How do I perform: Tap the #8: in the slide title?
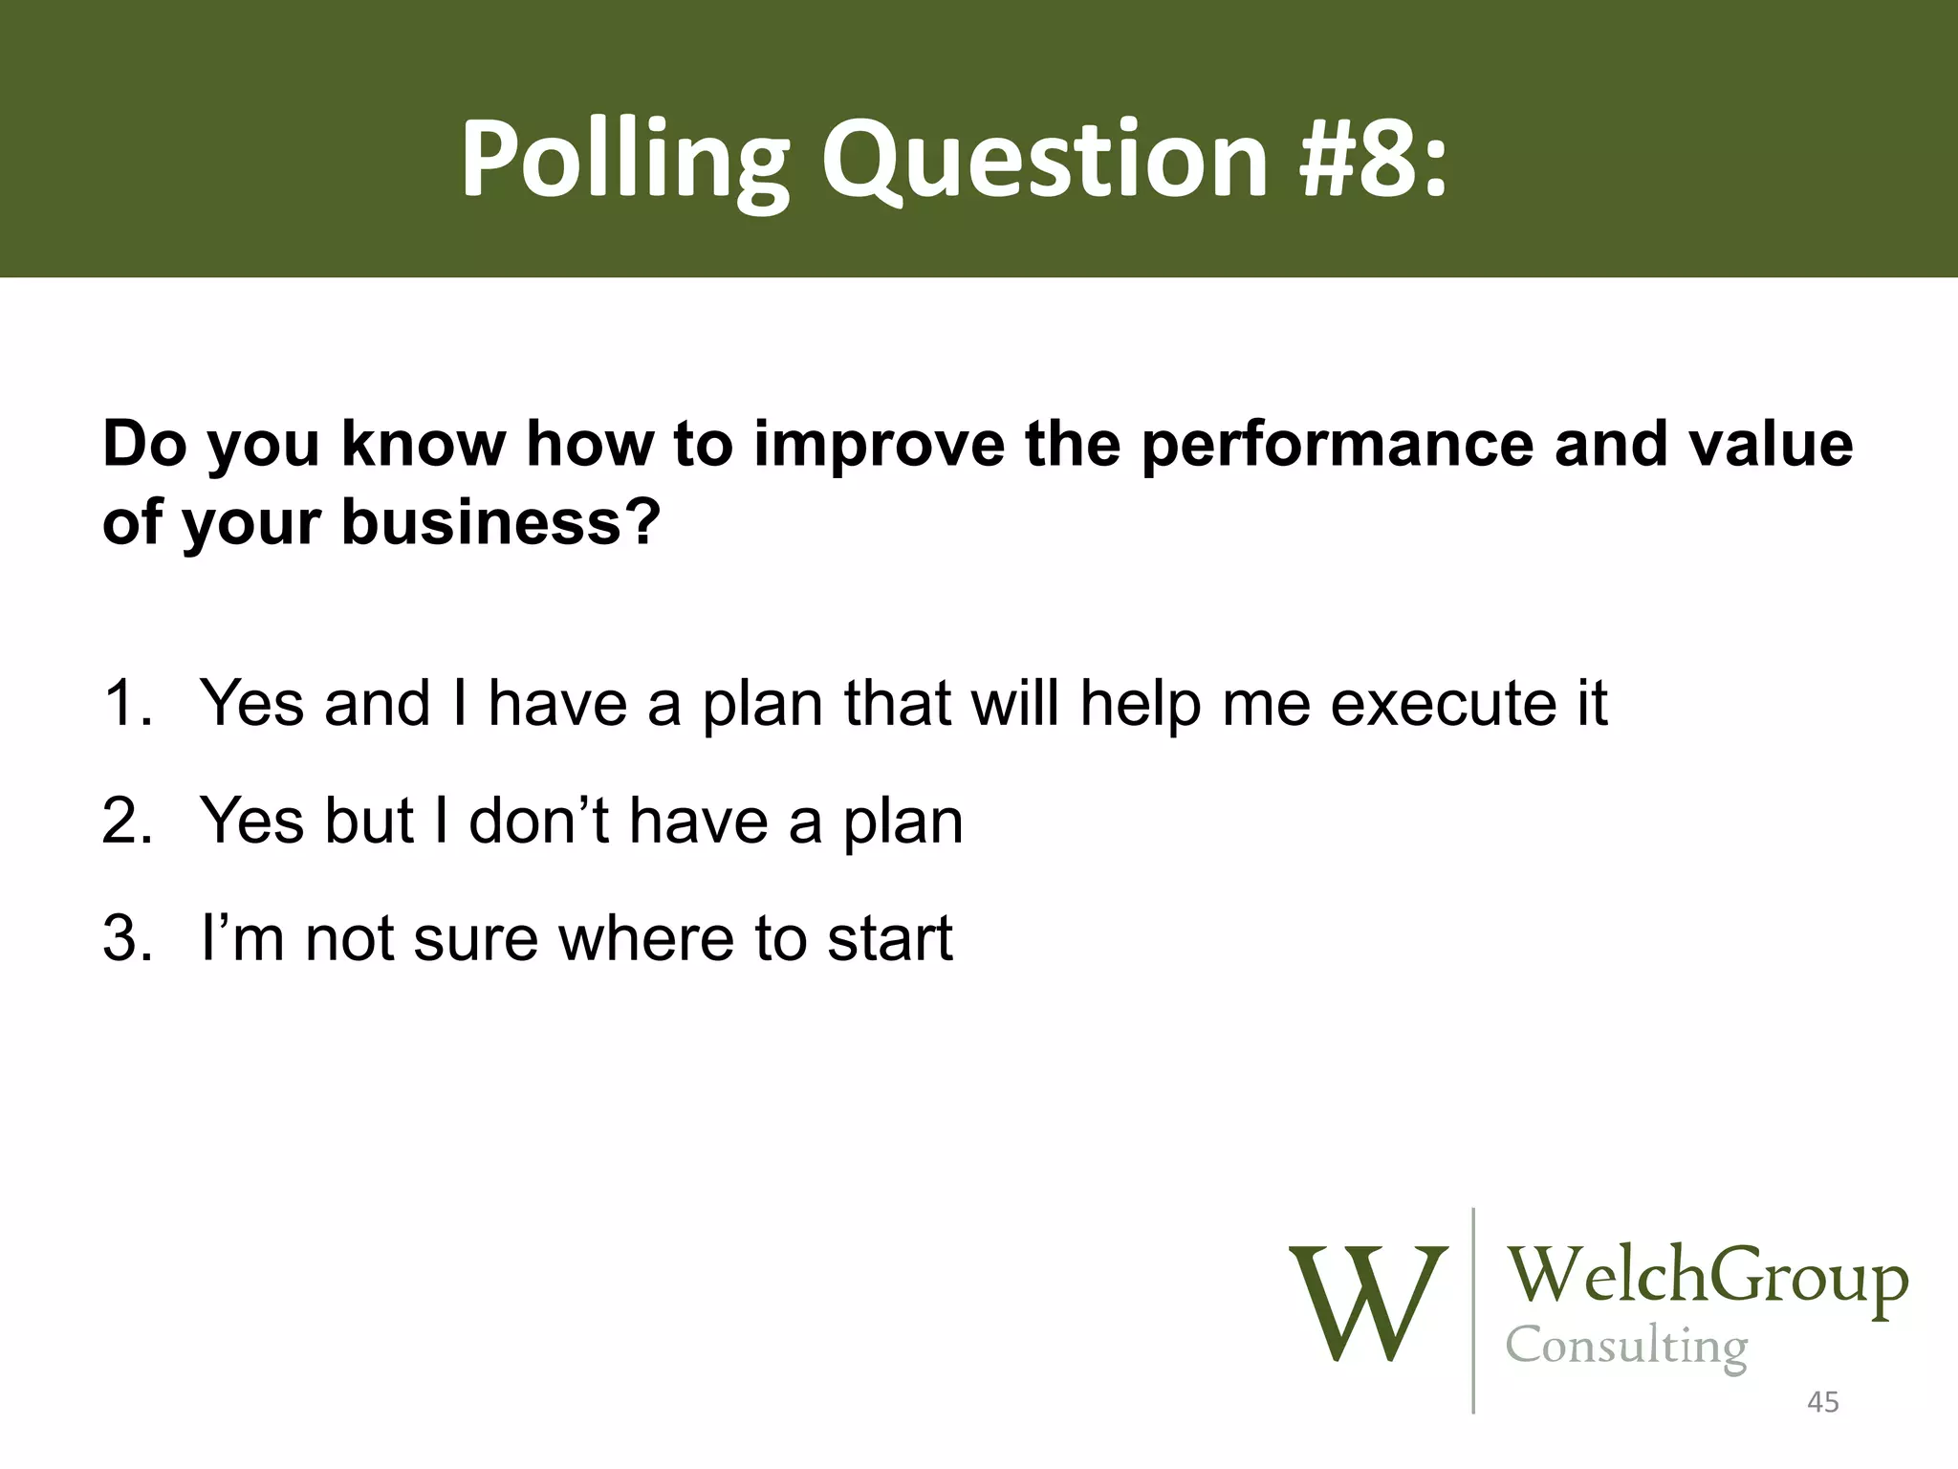point(1372,158)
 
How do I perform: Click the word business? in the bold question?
point(500,523)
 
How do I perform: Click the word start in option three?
point(889,938)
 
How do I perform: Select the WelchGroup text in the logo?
point(1707,1277)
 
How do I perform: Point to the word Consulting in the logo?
point(1626,1347)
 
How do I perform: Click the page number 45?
point(1822,1403)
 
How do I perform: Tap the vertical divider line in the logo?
point(1472,1310)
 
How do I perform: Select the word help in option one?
point(1140,703)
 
